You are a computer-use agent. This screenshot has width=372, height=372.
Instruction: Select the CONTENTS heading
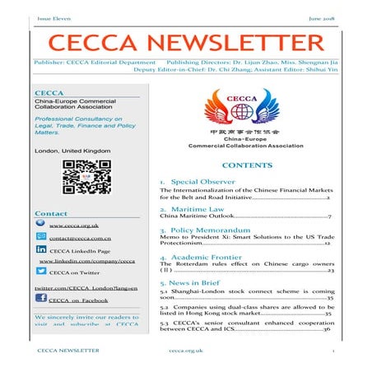click(241, 166)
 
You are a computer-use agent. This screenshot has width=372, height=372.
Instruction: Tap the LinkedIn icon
click(42, 249)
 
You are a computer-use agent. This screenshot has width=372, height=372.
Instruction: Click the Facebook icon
click(41, 300)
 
